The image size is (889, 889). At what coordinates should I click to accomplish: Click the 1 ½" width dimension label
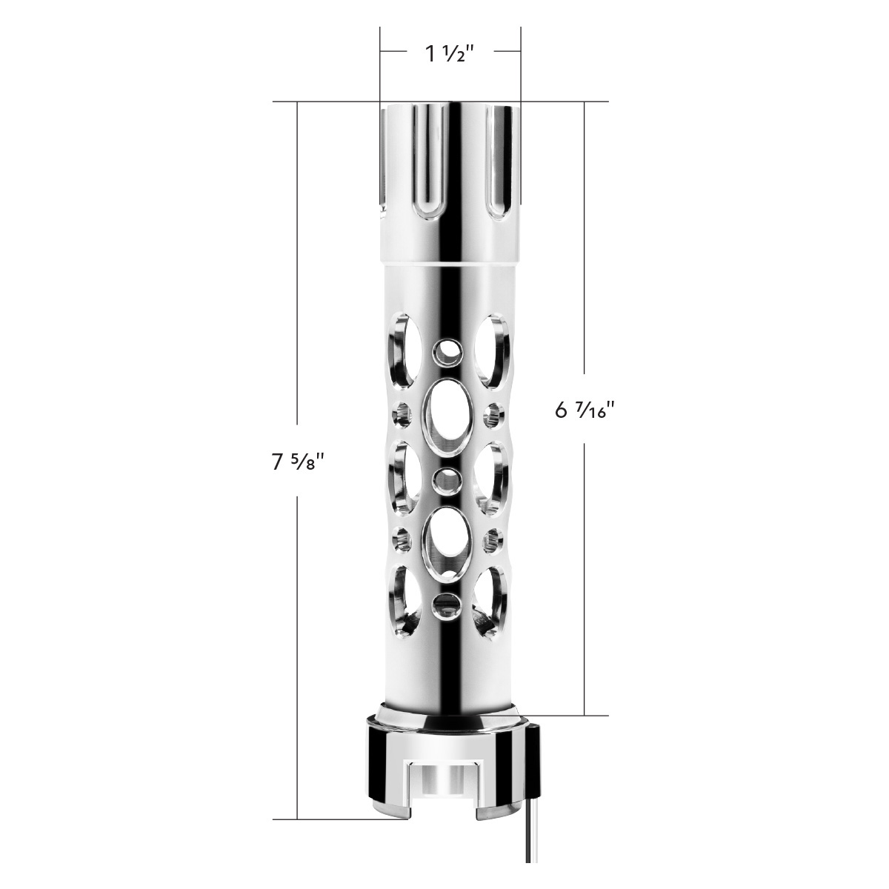(x=450, y=53)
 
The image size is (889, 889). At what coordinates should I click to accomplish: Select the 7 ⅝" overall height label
(x=299, y=462)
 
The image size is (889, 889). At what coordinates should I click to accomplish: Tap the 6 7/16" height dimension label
(x=585, y=410)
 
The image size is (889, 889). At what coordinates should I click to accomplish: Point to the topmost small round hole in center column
(x=447, y=353)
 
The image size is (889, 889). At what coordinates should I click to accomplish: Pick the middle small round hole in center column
(x=447, y=479)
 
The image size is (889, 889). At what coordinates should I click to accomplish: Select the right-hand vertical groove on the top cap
(x=493, y=156)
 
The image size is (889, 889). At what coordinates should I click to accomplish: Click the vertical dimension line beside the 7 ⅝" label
(x=298, y=296)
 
